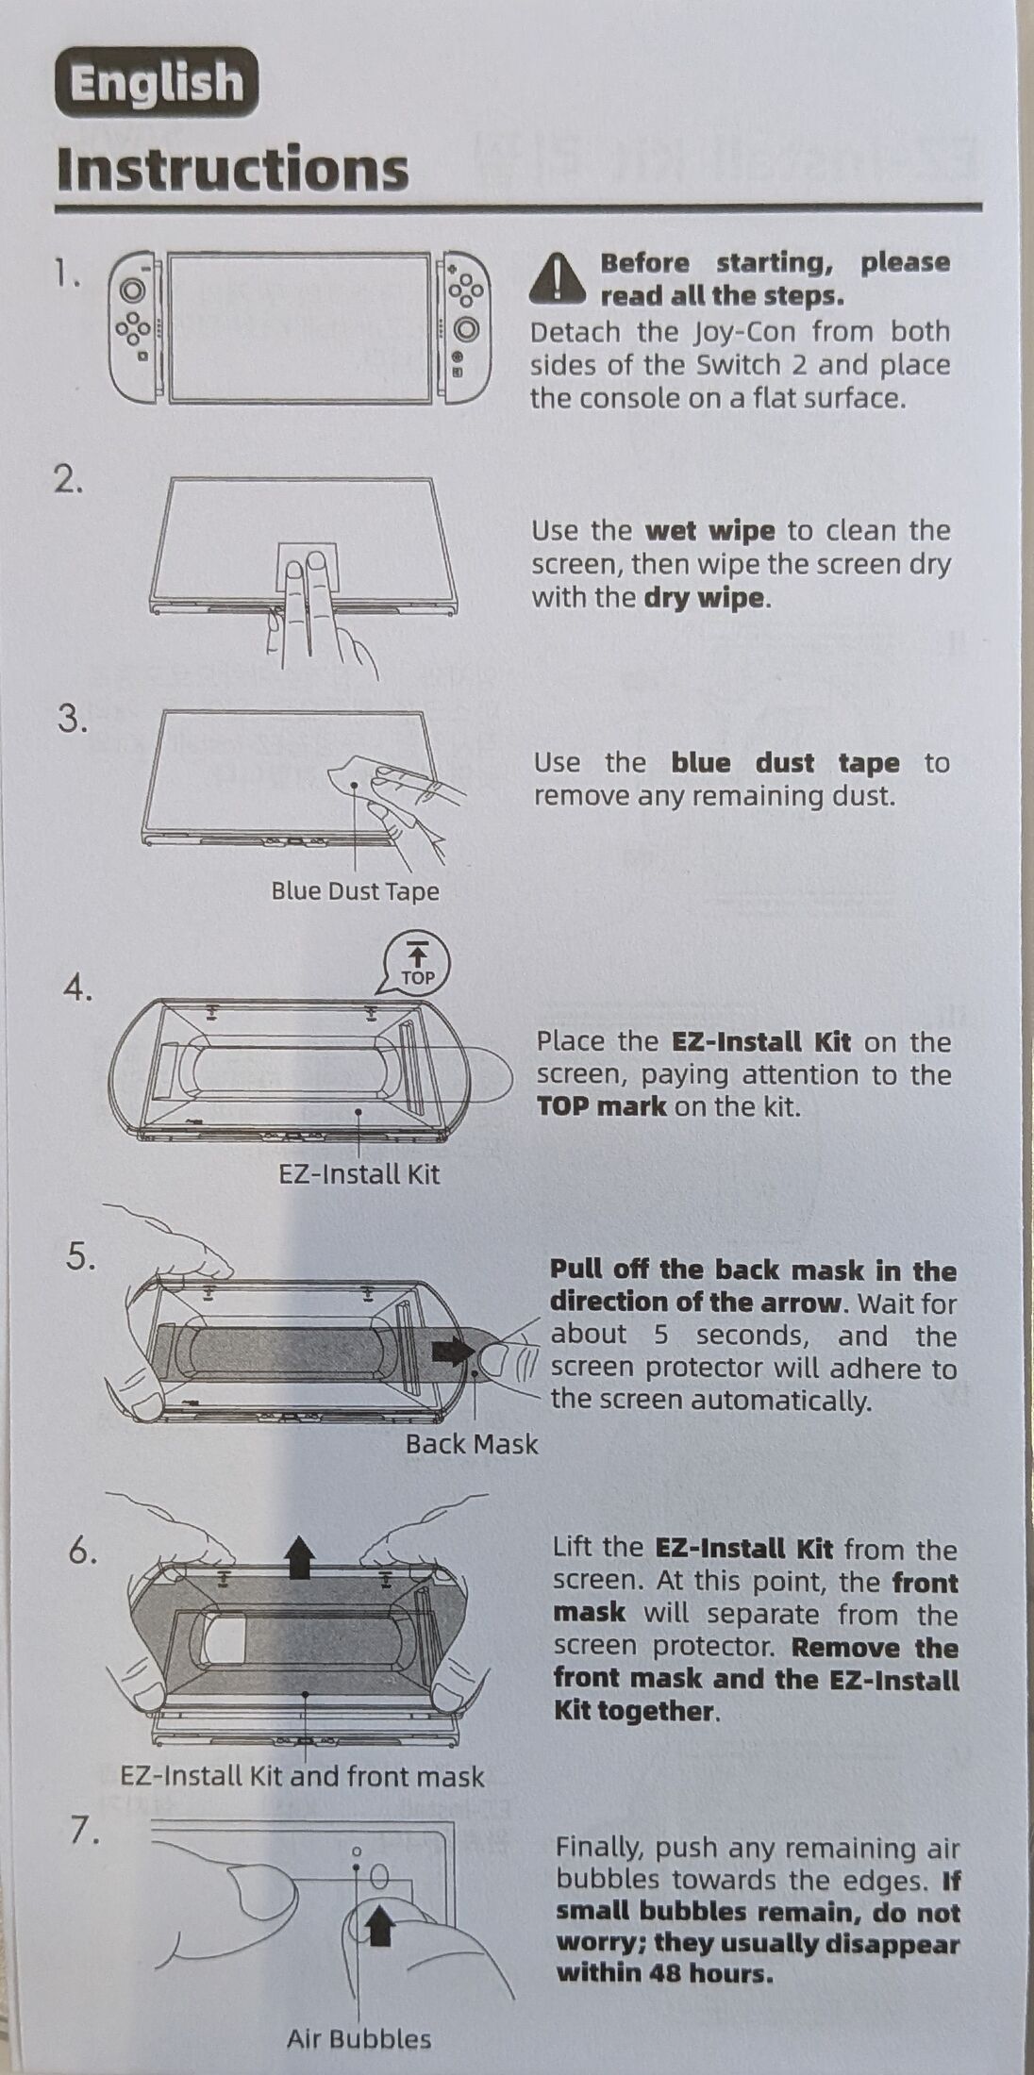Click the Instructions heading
(x=232, y=170)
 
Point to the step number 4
(x=78, y=988)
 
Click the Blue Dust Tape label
(x=355, y=891)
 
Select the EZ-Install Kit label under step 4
(x=359, y=1174)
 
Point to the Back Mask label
(x=472, y=1444)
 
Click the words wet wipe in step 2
(x=709, y=530)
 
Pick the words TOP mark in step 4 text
(x=601, y=1105)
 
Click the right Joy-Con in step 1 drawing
(x=465, y=326)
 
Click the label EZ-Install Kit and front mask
(x=302, y=1777)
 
